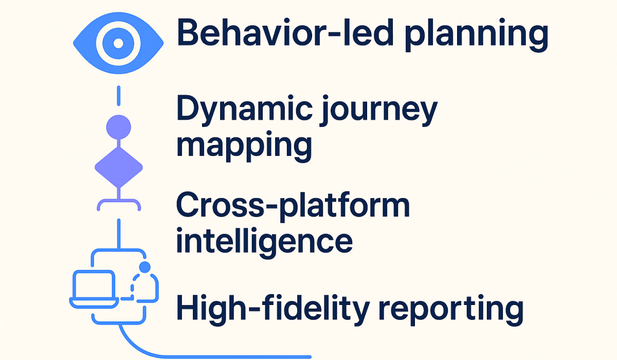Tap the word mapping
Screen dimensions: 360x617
click(x=244, y=146)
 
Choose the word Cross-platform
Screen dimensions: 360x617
click(x=293, y=207)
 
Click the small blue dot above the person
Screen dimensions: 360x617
click(x=144, y=266)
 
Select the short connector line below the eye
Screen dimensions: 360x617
click(x=118, y=97)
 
